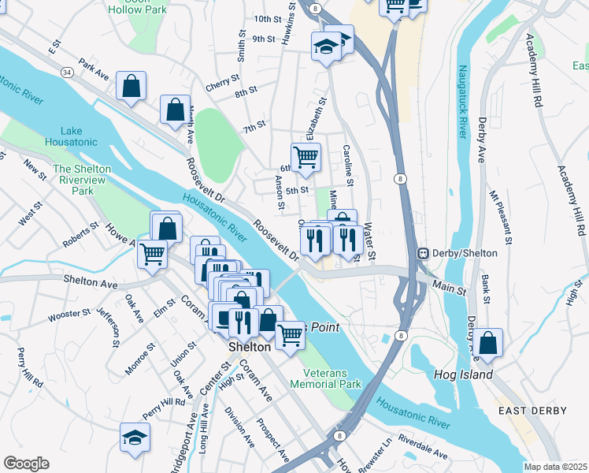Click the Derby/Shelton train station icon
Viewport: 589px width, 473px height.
click(423, 253)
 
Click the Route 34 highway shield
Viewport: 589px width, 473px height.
click(67, 73)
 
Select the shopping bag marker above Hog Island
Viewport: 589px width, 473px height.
click(488, 343)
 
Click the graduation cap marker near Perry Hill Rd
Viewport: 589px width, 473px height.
click(135, 438)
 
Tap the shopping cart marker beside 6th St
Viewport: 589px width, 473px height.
click(306, 156)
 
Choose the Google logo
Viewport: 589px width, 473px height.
click(26, 463)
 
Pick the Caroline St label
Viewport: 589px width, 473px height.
click(349, 165)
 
